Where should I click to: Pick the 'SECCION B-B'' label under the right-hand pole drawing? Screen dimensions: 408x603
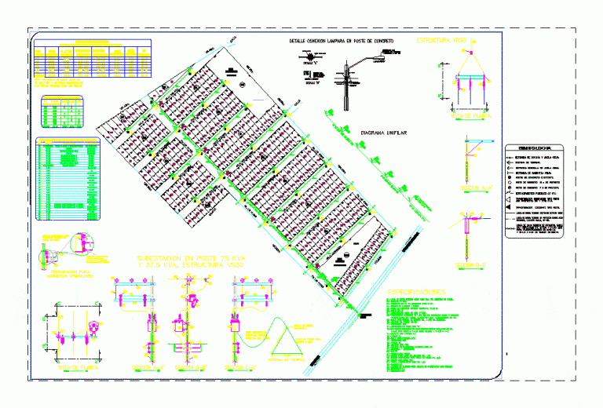pos(475,264)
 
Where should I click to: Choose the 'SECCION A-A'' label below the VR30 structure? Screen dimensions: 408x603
pos(475,188)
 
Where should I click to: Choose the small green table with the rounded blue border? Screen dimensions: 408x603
pos(62,112)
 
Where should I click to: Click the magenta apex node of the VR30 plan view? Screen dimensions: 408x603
pos(473,51)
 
